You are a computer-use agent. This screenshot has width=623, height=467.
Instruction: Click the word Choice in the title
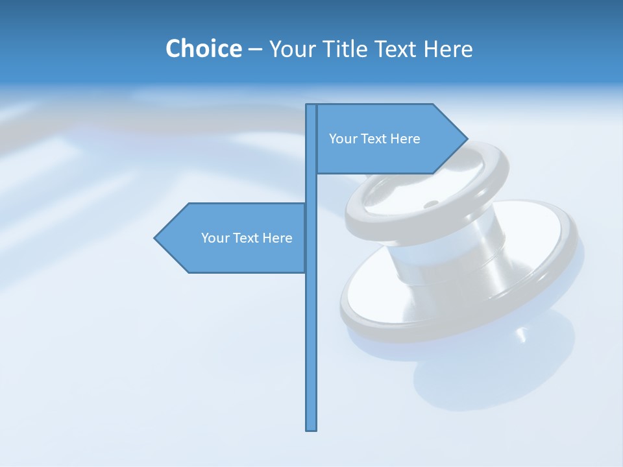[203, 49]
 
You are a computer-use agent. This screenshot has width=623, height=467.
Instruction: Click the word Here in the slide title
[448, 49]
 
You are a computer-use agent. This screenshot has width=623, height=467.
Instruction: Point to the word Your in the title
[292, 49]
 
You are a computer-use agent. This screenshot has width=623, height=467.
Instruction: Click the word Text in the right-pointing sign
[374, 139]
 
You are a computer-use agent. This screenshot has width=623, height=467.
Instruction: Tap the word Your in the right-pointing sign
[343, 139]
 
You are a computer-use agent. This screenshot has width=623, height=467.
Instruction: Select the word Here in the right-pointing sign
[405, 139]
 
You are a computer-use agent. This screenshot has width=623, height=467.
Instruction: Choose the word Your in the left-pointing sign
[215, 238]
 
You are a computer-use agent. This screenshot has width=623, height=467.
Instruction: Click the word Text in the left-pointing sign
[247, 238]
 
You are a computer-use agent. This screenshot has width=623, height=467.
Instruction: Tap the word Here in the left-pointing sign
[277, 238]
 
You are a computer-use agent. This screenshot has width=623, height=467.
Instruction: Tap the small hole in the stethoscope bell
[430, 205]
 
